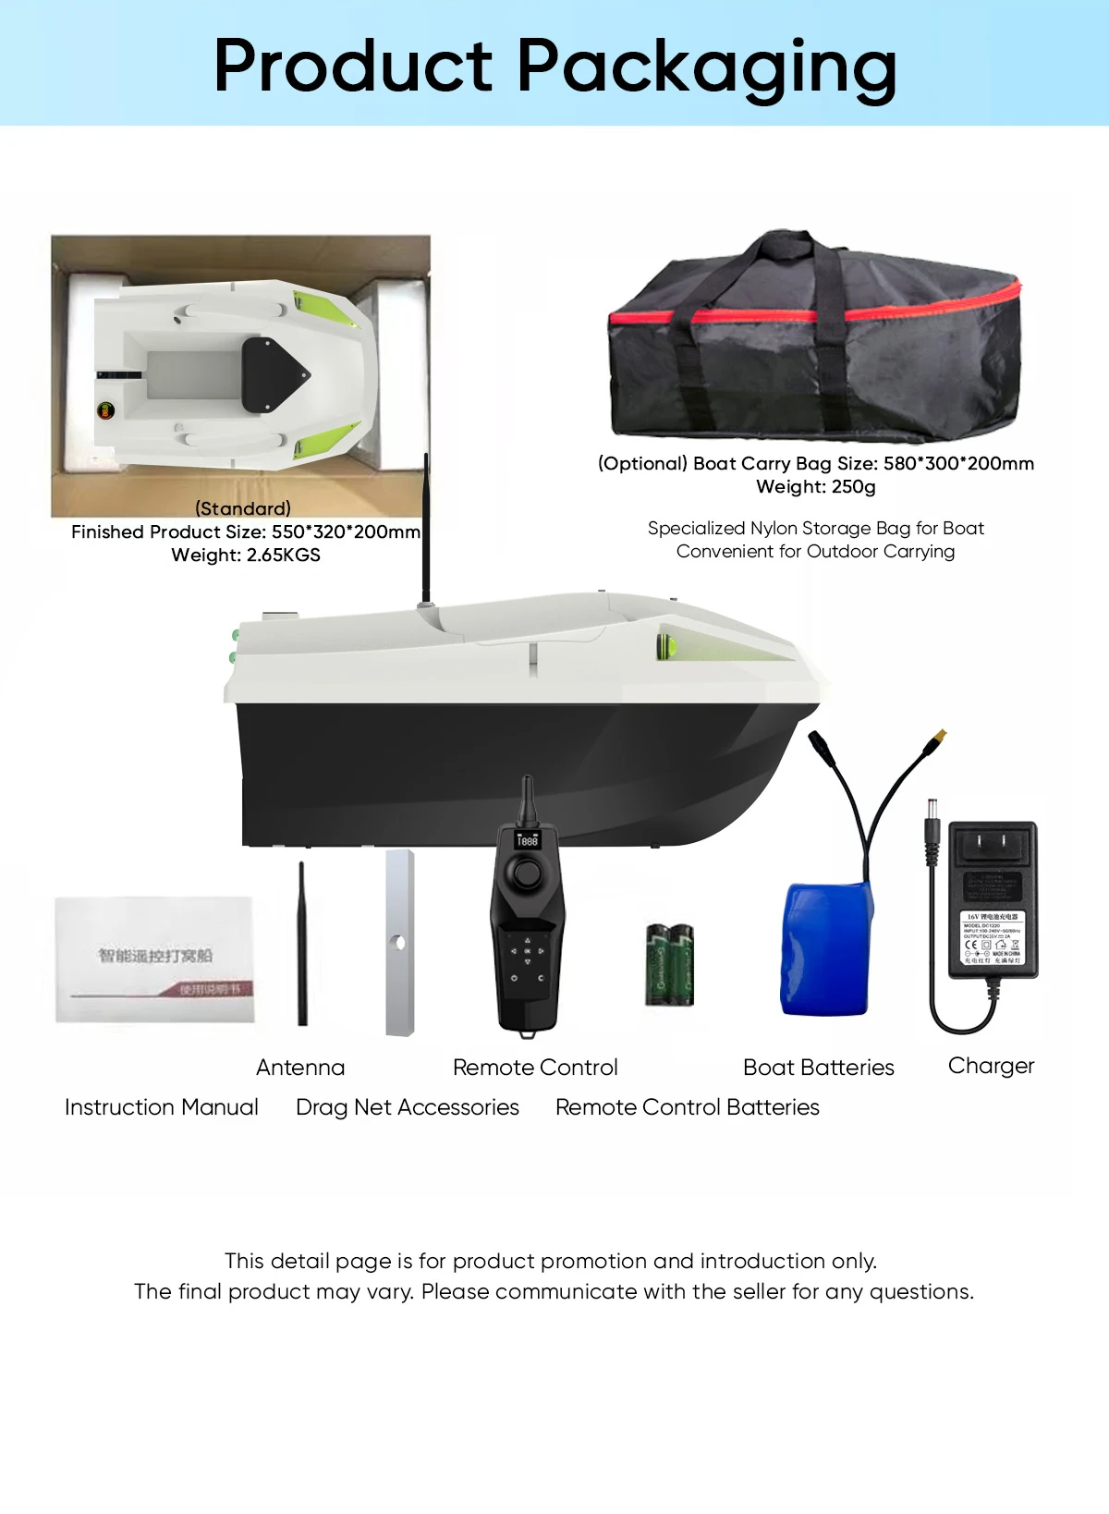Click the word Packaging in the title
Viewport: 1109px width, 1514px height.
pyautogui.click(x=706, y=67)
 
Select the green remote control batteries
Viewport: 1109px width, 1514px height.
pyautogui.click(x=669, y=964)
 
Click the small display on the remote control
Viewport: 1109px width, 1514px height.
pyautogui.click(x=527, y=840)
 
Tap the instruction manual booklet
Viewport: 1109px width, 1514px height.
pyautogui.click(x=154, y=958)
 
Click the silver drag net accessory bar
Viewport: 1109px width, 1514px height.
pyautogui.click(x=399, y=943)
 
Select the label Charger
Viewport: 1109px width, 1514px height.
pyautogui.click(x=991, y=1066)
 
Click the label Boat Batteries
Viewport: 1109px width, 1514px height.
pyautogui.click(x=818, y=1068)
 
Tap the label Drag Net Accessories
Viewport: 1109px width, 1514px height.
pyautogui.click(x=407, y=1107)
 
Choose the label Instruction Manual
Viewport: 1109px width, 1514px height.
pyautogui.click(x=162, y=1107)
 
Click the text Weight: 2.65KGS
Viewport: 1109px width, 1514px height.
pyautogui.click(x=246, y=555)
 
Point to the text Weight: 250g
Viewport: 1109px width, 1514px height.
pyautogui.click(x=815, y=486)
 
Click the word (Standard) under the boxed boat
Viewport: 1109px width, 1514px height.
pyautogui.click(x=243, y=508)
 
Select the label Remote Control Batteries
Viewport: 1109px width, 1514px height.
pyautogui.click(x=687, y=1107)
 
